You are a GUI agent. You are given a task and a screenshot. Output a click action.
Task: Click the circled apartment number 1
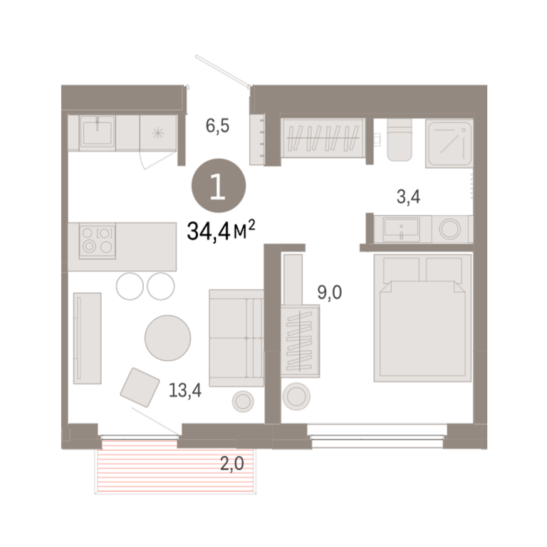pyautogui.click(x=219, y=186)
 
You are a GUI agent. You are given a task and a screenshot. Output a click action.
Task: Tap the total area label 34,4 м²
pyautogui.click(x=222, y=230)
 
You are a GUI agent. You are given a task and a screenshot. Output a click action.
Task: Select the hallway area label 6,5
pyautogui.click(x=217, y=125)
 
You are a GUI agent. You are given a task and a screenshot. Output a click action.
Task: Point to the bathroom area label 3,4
pyautogui.click(x=408, y=197)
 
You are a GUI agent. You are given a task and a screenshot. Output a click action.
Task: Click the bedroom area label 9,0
pyautogui.click(x=329, y=292)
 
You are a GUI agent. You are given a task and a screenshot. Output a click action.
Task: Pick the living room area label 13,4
pyautogui.click(x=185, y=390)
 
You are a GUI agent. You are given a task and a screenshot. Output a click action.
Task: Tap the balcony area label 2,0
pyautogui.click(x=231, y=464)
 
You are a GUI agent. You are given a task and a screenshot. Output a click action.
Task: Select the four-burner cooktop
pyautogui.click(x=98, y=241)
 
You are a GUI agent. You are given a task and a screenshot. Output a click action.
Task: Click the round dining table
pyautogui.click(x=168, y=338)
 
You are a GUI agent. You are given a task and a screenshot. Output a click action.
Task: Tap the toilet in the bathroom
pyautogui.click(x=400, y=140)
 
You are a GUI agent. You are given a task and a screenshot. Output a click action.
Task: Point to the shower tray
pyautogui.click(x=449, y=143)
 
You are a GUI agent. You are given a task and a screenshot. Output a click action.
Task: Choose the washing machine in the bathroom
pyautogui.click(x=449, y=229)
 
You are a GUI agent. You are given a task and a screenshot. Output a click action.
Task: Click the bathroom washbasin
pyautogui.click(x=401, y=229)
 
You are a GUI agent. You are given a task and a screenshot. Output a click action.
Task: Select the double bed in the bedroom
pyautogui.click(x=422, y=318)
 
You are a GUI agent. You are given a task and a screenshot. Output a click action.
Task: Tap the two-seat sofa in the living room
pyautogui.click(x=236, y=338)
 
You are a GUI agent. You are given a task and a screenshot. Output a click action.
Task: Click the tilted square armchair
pyautogui.click(x=140, y=387)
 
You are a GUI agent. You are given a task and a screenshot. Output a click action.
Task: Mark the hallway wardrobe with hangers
pyautogui.click(x=323, y=138)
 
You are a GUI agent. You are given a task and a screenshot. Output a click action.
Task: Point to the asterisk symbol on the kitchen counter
pyautogui.click(x=158, y=133)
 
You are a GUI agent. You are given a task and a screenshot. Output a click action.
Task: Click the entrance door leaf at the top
pyautogui.click(x=222, y=70)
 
